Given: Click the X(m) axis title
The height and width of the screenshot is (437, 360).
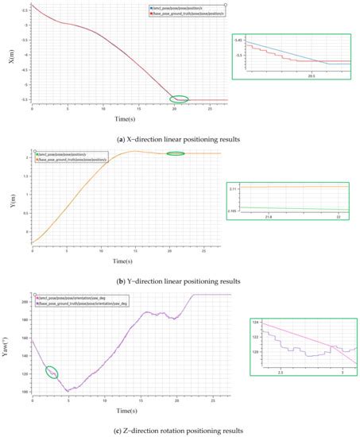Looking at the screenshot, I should [x=11, y=56].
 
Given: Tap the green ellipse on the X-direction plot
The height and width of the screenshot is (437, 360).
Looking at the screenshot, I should [x=180, y=99].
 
